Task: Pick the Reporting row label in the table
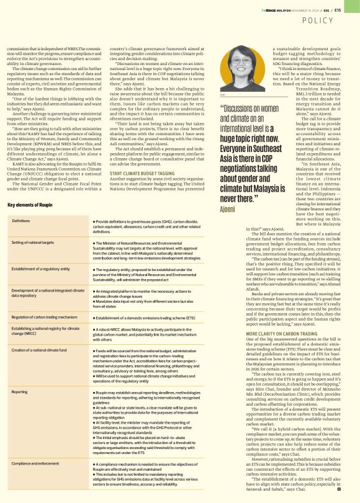point(19,391)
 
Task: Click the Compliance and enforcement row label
point(36,463)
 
